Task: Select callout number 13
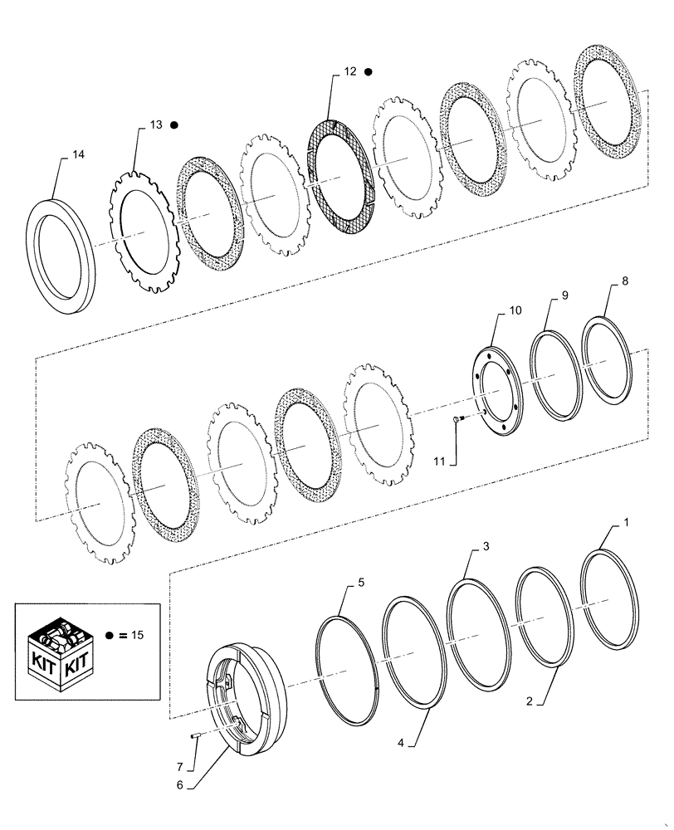(156, 124)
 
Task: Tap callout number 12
(349, 72)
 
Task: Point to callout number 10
(515, 311)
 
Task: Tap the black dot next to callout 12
(368, 72)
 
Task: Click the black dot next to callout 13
(174, 124)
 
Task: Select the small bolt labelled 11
(458, 420)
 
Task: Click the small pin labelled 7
(192, 734)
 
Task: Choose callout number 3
(486, 549)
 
